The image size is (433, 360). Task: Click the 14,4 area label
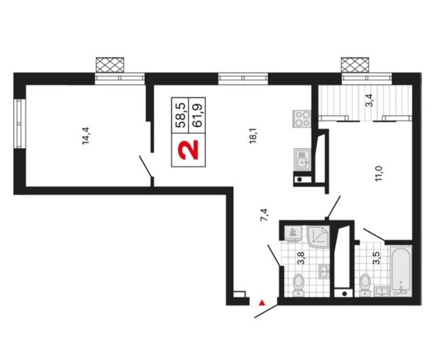85,136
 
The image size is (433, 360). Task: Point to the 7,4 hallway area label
264,215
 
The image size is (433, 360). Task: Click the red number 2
188,150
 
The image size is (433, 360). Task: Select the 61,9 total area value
197,115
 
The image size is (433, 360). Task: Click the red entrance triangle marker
262,303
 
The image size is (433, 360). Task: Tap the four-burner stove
302,119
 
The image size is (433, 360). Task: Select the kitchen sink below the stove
302,159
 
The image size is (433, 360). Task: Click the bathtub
401,271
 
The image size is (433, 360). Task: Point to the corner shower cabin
318,237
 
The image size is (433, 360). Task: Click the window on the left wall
19,124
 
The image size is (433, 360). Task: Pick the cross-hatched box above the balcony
355,65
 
